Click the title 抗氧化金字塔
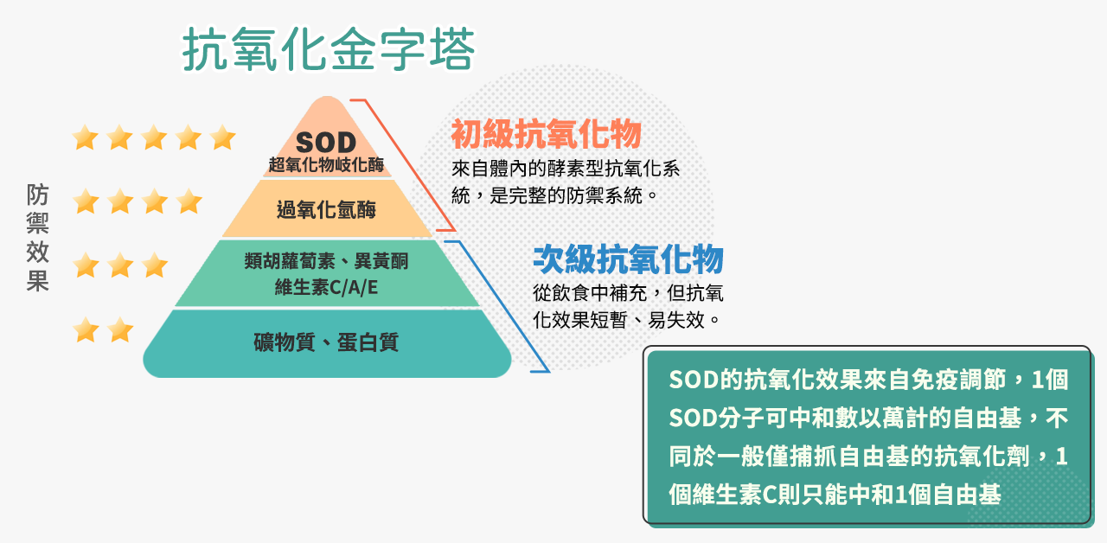point(329,52)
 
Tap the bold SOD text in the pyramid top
point(325,142)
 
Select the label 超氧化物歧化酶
point(325,164)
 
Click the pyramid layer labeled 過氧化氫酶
point(326,209)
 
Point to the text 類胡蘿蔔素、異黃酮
point(326,262)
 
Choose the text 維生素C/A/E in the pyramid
point(326,287)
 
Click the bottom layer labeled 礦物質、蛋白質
point(326,342)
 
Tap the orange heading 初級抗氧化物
point(546,134)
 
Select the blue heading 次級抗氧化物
point(628,259)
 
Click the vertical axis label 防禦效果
point(37,237)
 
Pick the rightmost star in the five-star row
point(222,137)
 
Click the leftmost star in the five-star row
point(85,137)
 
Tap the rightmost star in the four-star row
point(189,201)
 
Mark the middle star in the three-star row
point(119,265)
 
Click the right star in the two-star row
point(119,329)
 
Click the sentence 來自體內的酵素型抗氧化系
point(566,169)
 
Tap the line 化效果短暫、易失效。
point(627,319)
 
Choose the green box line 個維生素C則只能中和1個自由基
point(835,495)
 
